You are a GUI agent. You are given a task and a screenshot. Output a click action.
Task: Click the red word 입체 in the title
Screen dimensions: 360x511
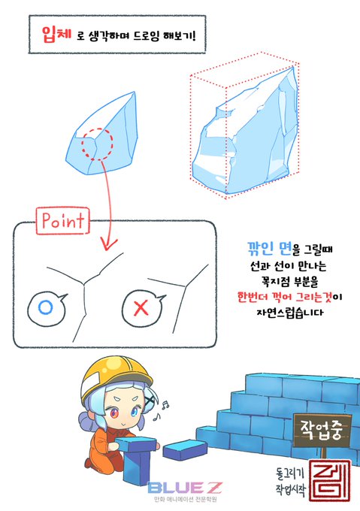(56, 35)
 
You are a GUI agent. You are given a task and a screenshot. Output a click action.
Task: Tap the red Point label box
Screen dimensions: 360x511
(62, 221)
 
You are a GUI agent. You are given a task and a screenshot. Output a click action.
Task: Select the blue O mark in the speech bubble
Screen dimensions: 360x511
(45, 307)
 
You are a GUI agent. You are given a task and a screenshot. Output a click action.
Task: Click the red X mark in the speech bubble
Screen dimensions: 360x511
(141, 308)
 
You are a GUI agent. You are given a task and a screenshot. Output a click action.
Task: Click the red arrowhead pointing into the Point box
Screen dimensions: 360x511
(108, 244)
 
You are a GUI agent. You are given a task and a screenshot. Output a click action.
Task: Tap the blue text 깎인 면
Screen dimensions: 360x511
(269, 248)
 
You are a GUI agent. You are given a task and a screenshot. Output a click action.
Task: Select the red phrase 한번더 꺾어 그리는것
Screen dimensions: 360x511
(285, 298)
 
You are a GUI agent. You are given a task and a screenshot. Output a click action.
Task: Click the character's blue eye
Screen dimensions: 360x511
(135, 413)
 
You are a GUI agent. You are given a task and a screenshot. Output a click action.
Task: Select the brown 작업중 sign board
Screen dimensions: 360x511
(322, 431)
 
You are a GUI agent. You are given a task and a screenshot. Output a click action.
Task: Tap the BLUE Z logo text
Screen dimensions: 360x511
(185, 488)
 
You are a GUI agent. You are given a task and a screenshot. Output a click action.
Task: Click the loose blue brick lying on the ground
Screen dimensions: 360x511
(185, 449)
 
